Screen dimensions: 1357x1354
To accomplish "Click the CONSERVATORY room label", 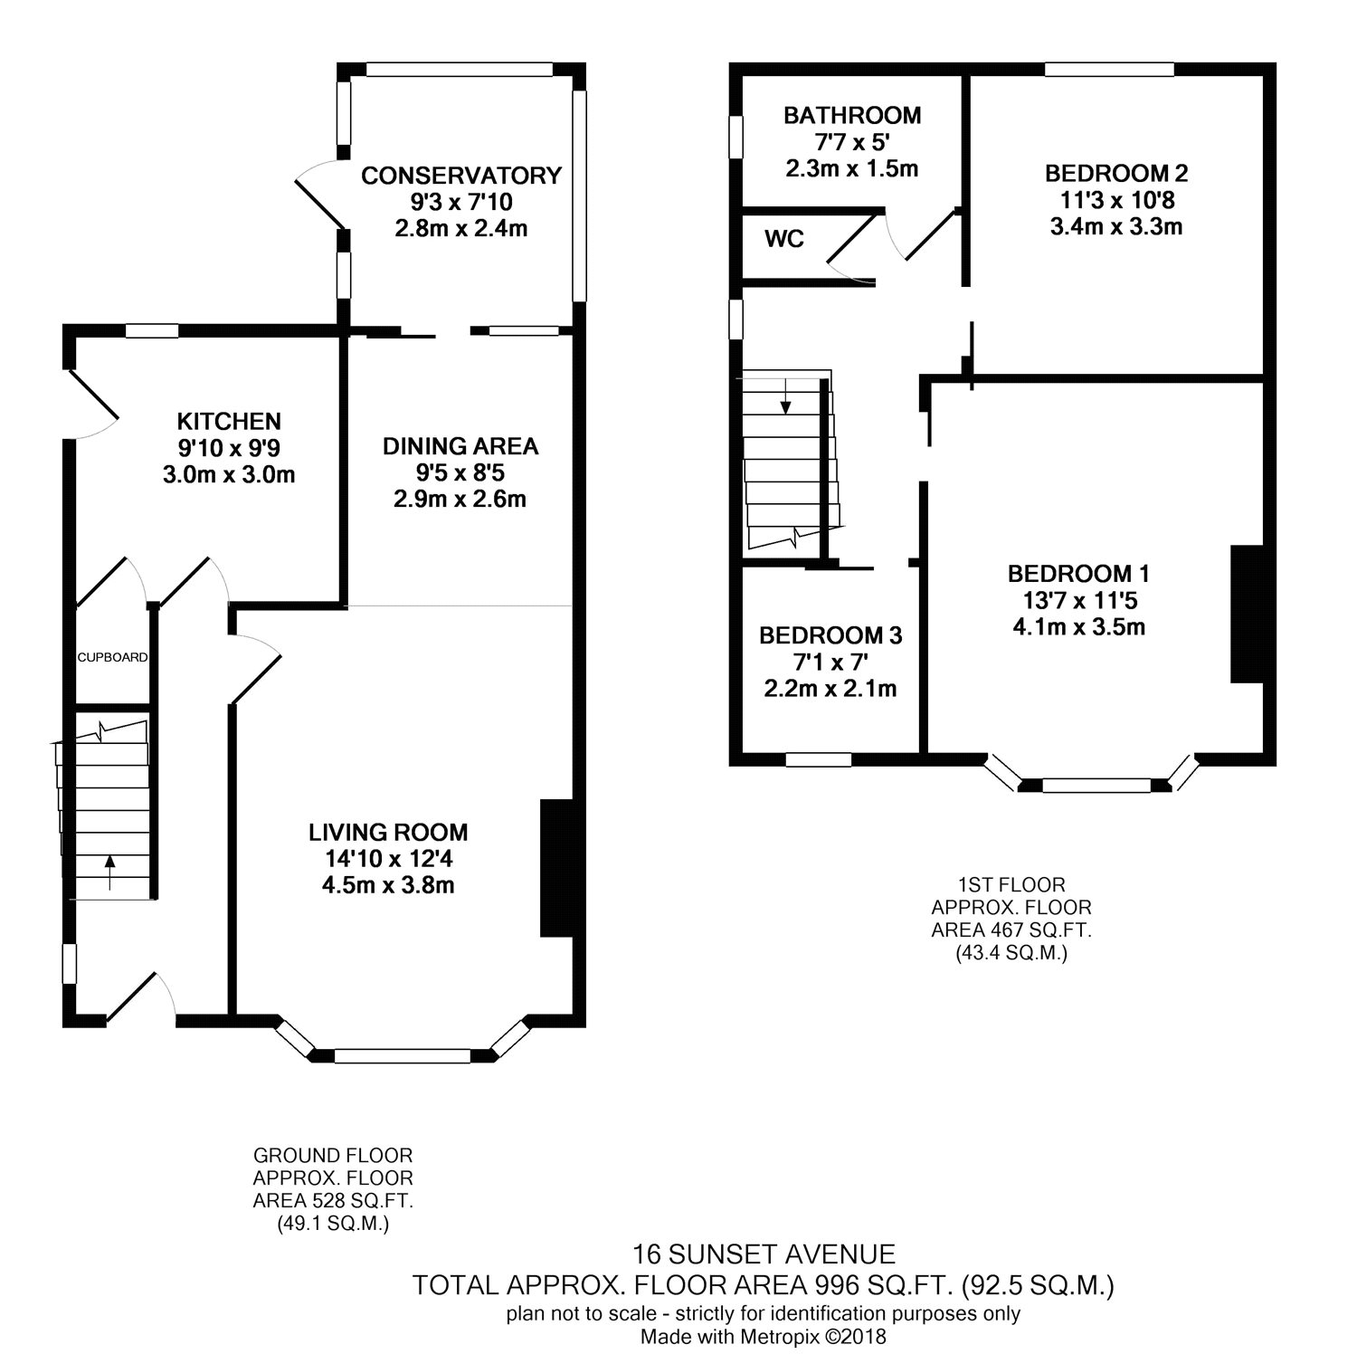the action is point(461,176).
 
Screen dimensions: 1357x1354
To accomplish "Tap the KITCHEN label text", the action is point(229,422).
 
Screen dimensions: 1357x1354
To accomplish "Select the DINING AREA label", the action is point(460,446).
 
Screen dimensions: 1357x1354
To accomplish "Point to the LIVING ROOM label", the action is point(388,833).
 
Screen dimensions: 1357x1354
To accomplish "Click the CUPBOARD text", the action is point(112,657).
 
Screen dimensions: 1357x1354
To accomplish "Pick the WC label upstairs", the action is point(784,240).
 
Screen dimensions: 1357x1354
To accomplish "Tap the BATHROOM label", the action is point(852,116).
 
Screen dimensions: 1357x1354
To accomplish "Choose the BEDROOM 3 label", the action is point(830,636).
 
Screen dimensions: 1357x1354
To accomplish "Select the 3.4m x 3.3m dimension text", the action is point(1116,226).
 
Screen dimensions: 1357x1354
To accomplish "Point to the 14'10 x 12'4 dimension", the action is point(388,859).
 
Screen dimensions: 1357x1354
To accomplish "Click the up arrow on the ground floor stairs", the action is point(110,873).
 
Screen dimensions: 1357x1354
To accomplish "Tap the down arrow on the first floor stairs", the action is point(785,396).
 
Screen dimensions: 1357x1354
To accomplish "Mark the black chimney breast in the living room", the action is point(556,868).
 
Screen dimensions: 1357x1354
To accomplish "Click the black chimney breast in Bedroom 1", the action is point(1247,614).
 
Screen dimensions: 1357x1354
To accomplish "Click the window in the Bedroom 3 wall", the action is point(819,760).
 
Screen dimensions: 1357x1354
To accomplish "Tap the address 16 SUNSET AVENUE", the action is point(764,1254).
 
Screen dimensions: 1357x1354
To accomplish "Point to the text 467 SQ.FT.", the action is point(1034,930).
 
